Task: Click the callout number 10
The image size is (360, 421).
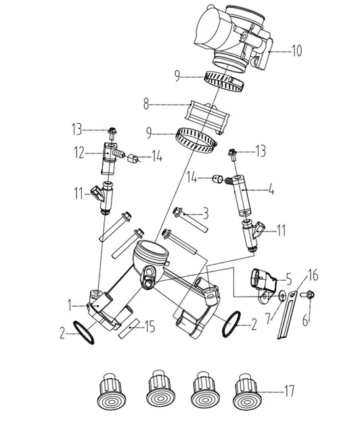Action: [x=296, y=51]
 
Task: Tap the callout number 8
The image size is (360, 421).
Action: [x=146, y=104]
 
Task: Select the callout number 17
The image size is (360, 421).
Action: [x=289, y=391]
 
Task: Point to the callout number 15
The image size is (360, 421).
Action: [x=150, y=327]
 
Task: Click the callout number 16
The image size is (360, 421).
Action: [x=313, y=275]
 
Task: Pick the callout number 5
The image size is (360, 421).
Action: [x=288, y=280]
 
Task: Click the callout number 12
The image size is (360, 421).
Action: [x=79, y=153]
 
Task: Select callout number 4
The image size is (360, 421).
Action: [x=271, y=190]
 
